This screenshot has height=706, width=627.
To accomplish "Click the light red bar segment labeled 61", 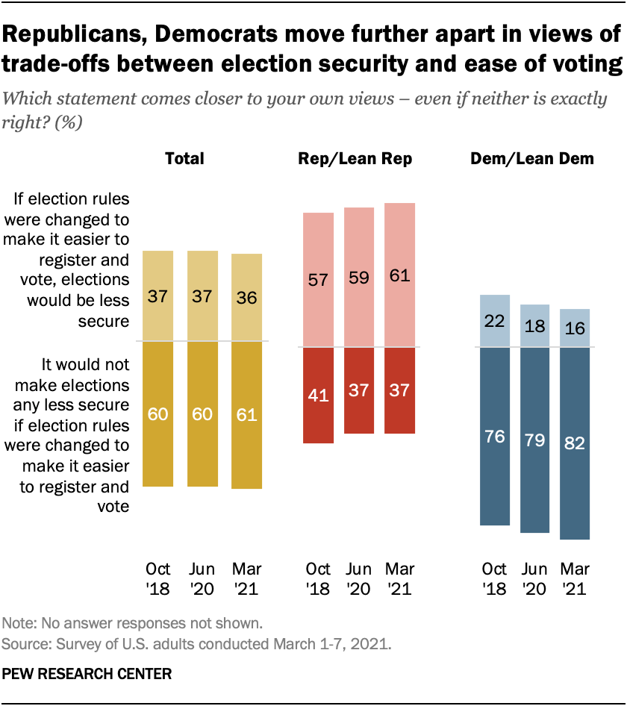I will point(399,275).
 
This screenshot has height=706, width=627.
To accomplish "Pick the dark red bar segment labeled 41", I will point(318,396).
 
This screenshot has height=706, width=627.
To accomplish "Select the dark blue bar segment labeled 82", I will point(575,443).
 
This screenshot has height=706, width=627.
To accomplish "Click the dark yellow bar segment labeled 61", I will point(247,415).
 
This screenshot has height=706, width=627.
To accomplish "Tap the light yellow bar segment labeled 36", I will point(247,297).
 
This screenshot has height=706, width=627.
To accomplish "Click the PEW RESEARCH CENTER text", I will point(87,673).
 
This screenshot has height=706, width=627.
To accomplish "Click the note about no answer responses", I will point(122,622).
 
